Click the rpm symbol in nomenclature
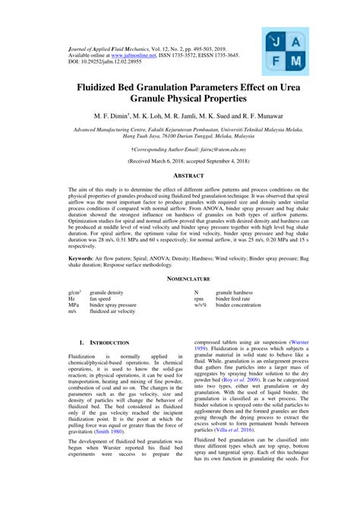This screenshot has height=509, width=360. [x=200, y=299]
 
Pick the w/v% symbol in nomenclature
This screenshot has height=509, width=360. [x=201, y=305]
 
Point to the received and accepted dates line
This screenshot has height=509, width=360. [x=180, y=162]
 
